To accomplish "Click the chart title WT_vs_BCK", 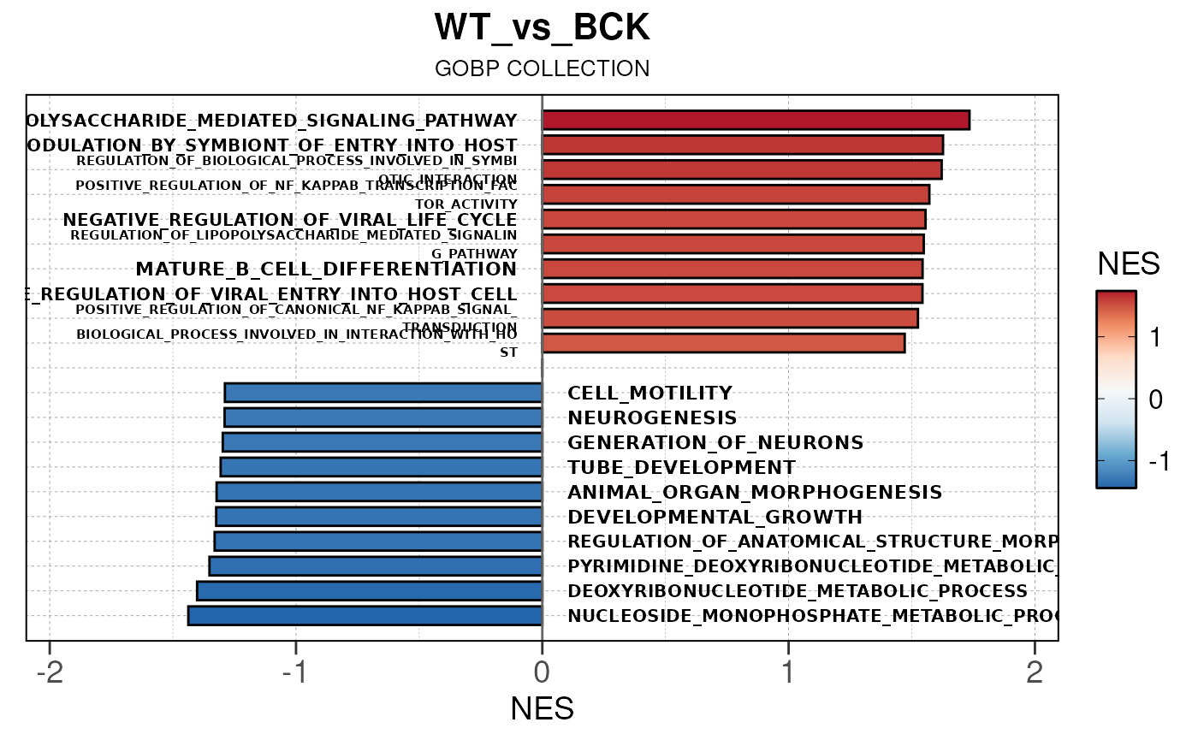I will [542, 28].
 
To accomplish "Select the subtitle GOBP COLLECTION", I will [542, 68].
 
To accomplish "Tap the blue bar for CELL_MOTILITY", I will [383, 393].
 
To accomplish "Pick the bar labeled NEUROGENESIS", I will [383, 417].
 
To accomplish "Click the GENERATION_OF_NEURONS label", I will [715, 443].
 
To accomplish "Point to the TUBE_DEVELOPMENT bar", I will [381, 467].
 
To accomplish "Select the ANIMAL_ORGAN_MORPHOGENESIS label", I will [755, 493].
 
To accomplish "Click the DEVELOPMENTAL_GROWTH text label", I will [715, 518].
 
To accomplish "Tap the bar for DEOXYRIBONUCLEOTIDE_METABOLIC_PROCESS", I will [369, 591].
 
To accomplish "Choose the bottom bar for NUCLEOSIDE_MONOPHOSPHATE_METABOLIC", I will [365, 616].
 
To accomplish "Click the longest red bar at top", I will [756, 121].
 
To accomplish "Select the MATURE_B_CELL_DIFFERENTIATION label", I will [326, 269].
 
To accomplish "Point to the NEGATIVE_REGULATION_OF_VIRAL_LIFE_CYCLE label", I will [289, 220].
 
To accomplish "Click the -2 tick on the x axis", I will [50, 673].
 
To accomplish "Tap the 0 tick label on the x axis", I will [542, 673].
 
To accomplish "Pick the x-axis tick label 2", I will [1034, 673].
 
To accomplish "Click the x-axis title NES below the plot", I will [542, 709].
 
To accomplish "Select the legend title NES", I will [1128, 264].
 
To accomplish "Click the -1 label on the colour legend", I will [1157, 461].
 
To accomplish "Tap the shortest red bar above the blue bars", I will [723, 343].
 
